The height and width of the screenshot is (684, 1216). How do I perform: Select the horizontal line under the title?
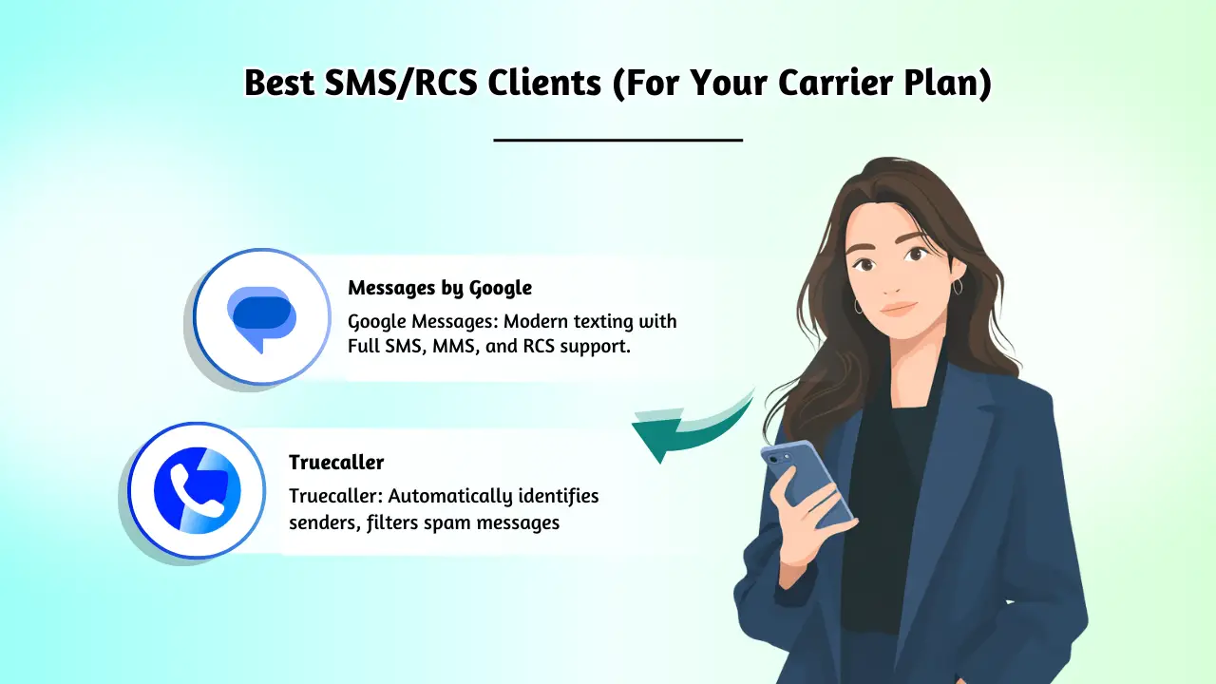point(617,140)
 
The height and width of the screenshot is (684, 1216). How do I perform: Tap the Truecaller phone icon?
point(198,490)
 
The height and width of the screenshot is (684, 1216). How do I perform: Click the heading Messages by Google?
point(439,287)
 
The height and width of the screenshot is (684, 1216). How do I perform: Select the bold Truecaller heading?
point(336,463)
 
